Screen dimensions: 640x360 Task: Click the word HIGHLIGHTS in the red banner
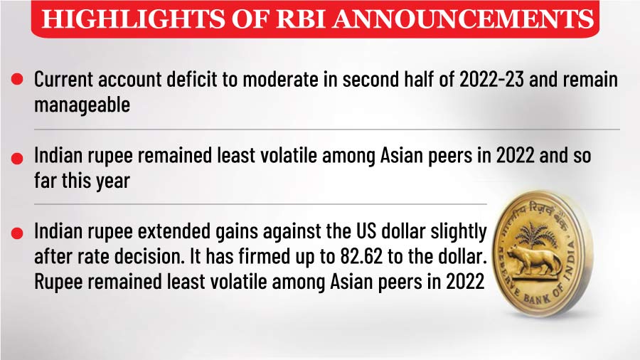pyautogui.click(x=133, y=18)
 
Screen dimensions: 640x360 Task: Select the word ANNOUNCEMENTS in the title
pyautogui.click(x=462, y=18)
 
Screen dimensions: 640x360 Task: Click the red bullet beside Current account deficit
pyautogui.click(x=17, y=79)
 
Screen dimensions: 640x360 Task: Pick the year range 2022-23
pyautogui.click(x=491, y=79)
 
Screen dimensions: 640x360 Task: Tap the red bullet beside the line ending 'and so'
pyautogui.click(x=17, y=159)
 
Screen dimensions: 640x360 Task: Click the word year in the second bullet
pyautogui.click(x=113, y=181)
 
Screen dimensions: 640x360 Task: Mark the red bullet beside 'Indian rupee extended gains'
pyautogui.click(x=17, y=233)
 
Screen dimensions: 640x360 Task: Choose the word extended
pyautogui.click(x=174, y=231)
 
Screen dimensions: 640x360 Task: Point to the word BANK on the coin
pyautogui.click(x=538, y=298)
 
